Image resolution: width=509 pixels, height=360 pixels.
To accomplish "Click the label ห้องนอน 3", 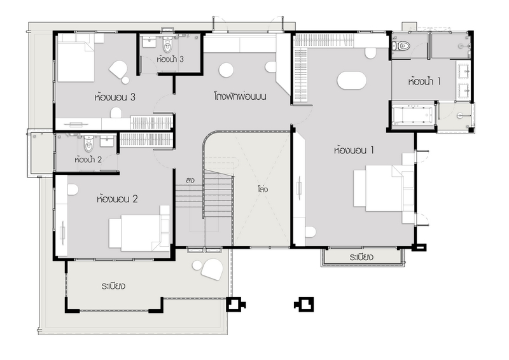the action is tap(115, 97).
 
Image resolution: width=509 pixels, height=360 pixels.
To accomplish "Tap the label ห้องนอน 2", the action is tap(117, 198).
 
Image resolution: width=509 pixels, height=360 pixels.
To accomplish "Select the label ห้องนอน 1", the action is tap(354, 150).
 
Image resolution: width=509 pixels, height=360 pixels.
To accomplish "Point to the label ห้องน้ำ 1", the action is tap(424, 81).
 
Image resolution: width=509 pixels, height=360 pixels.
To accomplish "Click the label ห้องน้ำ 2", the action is tap(88, 160).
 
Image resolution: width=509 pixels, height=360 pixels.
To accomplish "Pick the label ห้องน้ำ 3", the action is tap(170, 59).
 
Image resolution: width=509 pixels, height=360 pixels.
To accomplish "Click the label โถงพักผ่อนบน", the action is tap(241, 97).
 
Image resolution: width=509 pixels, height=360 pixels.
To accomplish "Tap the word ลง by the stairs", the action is tap(190, 180).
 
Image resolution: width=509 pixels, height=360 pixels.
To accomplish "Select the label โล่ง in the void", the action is tap(263, 189).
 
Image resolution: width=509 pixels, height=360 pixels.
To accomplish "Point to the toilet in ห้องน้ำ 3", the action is tap(167, 45).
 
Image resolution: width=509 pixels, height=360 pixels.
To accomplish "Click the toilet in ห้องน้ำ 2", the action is tap(88, 144).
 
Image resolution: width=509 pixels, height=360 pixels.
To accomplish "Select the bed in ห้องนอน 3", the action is tap(76, 59).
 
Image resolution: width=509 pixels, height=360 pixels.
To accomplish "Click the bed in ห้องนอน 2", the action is tap(139, 228).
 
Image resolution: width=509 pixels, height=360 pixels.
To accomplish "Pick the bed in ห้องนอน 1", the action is tap(384, 188).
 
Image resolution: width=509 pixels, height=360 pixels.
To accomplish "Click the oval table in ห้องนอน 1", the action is tap(352, 80).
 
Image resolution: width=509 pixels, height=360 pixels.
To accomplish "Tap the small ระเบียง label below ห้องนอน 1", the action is tap(361, 258).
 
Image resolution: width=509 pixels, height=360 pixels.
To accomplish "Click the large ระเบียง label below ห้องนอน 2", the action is tap(113, 286).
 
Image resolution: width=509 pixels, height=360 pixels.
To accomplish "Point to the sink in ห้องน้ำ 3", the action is tap(149, 42).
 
